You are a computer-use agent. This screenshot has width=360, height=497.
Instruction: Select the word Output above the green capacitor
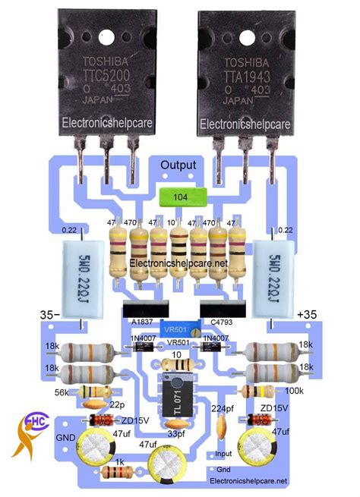point(178,165)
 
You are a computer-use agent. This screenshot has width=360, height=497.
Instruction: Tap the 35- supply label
point(49,313)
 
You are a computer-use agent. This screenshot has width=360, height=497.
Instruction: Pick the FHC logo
point(30,435)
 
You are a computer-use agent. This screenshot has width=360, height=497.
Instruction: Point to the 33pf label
point(176,434)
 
